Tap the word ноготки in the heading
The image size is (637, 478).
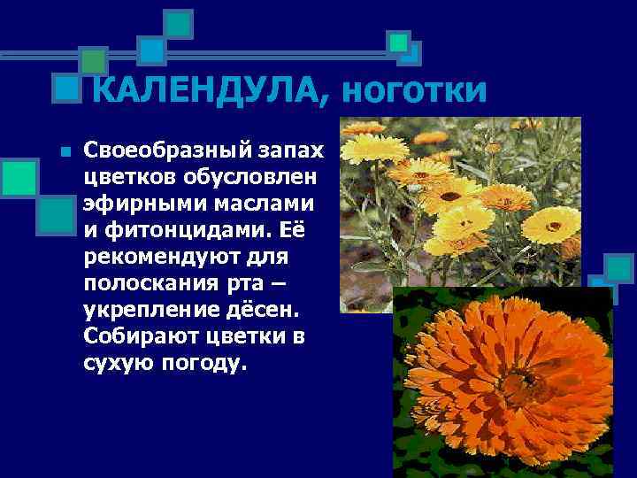tap(413, 91)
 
